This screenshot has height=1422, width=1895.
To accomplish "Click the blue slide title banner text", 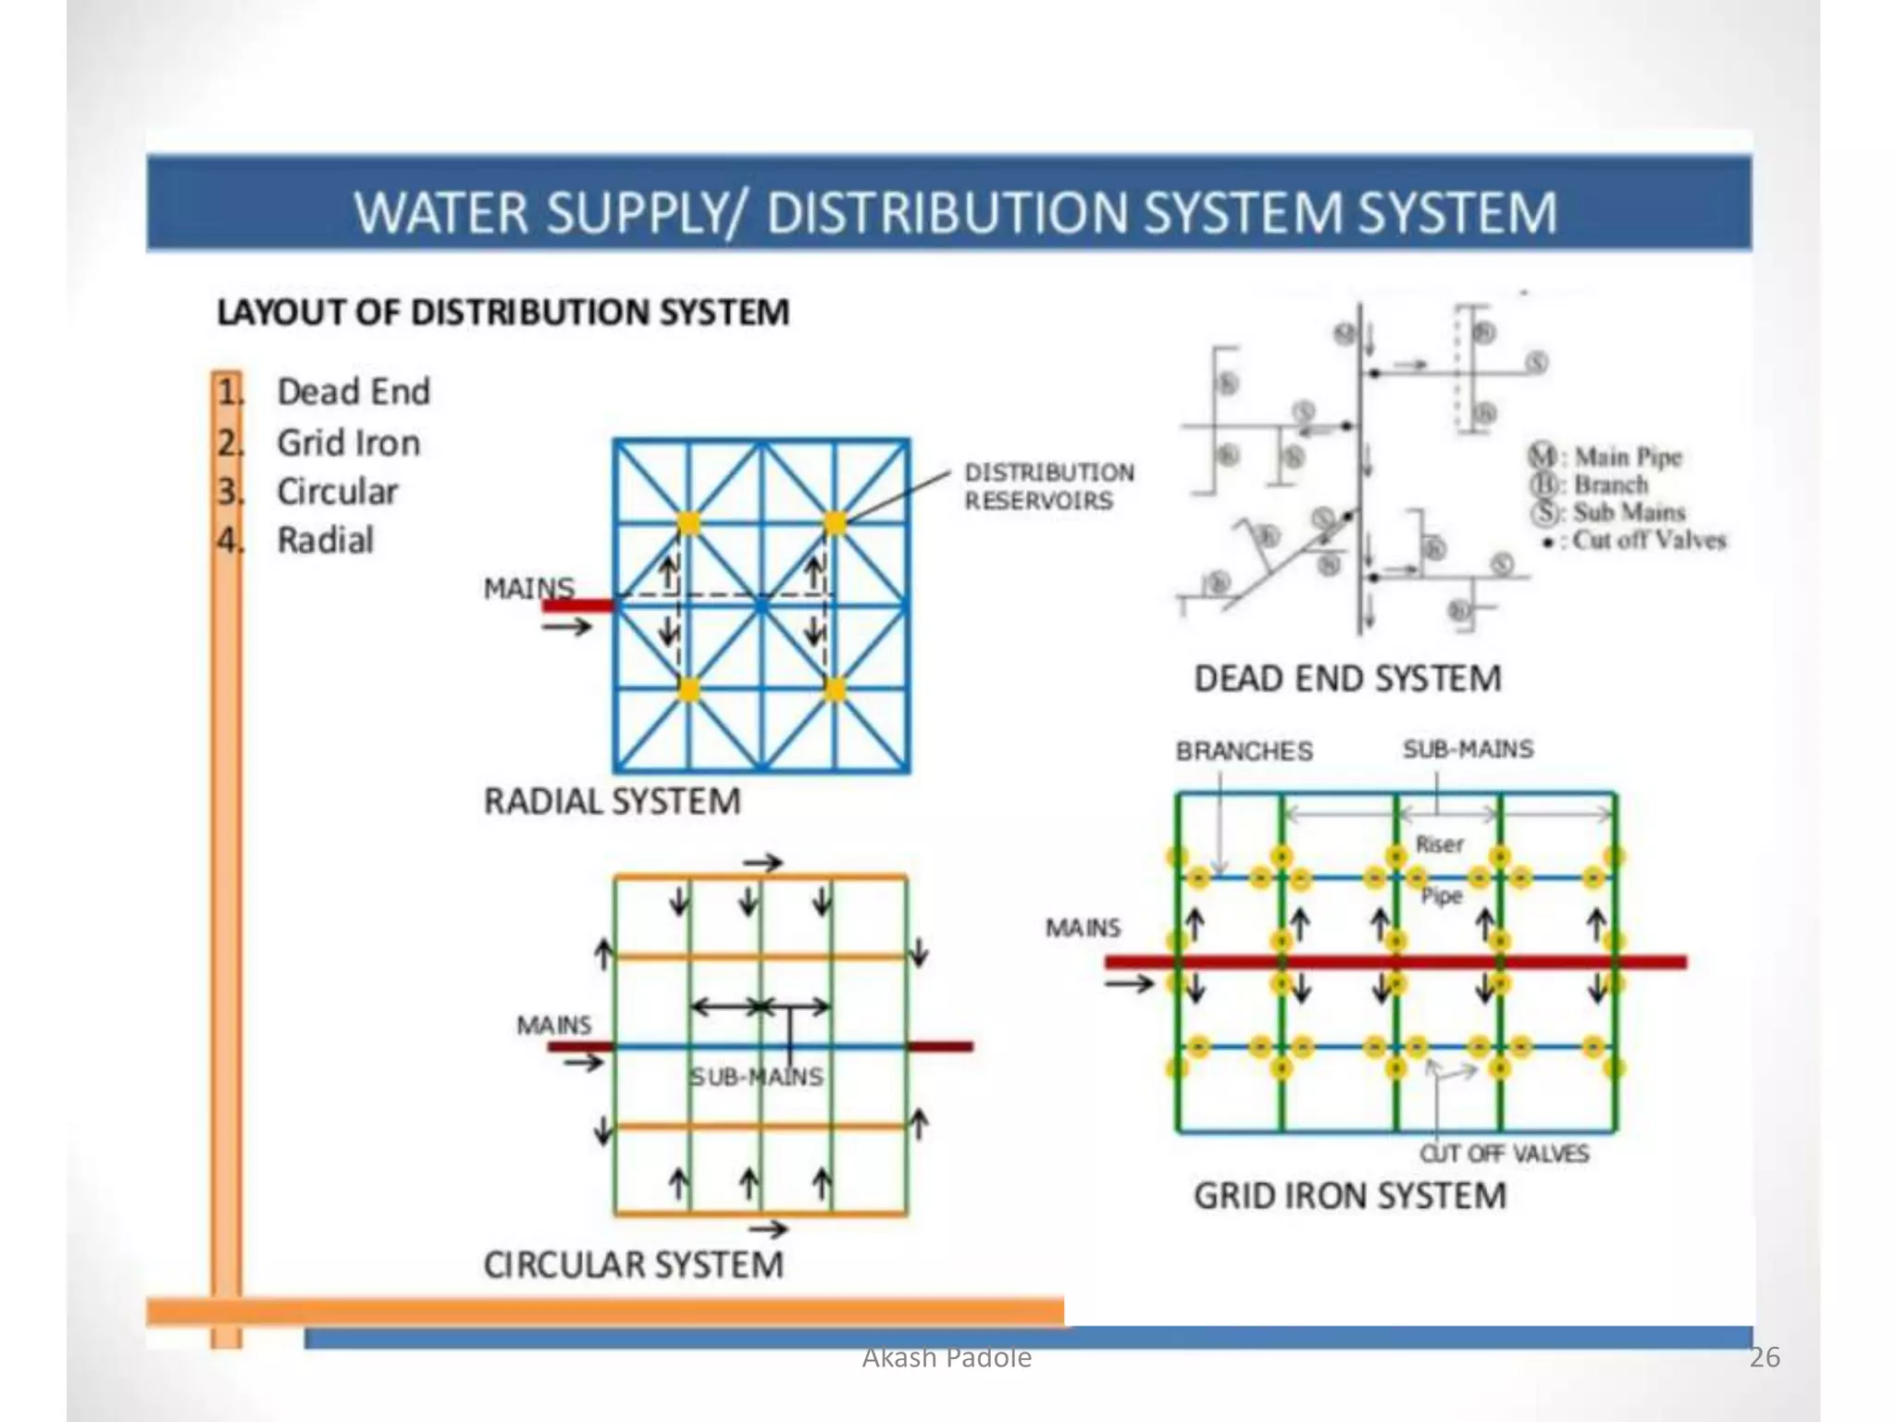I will pos(955,212).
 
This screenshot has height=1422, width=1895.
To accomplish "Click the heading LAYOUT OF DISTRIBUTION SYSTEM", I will pos(502,312).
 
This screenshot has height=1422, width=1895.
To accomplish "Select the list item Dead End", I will pos(353,392).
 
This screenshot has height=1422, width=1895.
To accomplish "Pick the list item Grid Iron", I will pos(348,443).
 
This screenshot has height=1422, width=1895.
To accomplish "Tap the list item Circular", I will pos(337,492).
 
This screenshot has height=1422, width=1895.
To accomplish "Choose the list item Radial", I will pos(325,540).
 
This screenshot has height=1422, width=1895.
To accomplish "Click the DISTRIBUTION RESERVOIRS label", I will pos(1048,487).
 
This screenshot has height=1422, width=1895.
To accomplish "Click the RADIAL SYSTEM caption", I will pos(612,801).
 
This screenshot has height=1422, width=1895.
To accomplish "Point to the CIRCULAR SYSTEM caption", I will pos(633,1265).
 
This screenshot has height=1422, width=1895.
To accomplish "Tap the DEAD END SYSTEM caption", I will pos(1347,679).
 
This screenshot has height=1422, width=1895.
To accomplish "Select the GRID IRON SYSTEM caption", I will pos(1349,1195).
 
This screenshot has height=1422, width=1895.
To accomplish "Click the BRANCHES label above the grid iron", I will pos(1244,751).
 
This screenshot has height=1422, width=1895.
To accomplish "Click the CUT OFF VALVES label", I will pos(1504,1154).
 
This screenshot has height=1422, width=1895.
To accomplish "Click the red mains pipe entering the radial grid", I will pos(577,605).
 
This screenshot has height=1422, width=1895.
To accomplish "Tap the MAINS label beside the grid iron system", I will pos(1083,928).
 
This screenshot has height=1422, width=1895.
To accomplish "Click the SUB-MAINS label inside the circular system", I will pos(756,1077).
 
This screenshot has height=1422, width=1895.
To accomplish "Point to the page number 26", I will pos(1765,1357).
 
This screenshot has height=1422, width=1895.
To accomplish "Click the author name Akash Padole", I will pos(947,1357).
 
